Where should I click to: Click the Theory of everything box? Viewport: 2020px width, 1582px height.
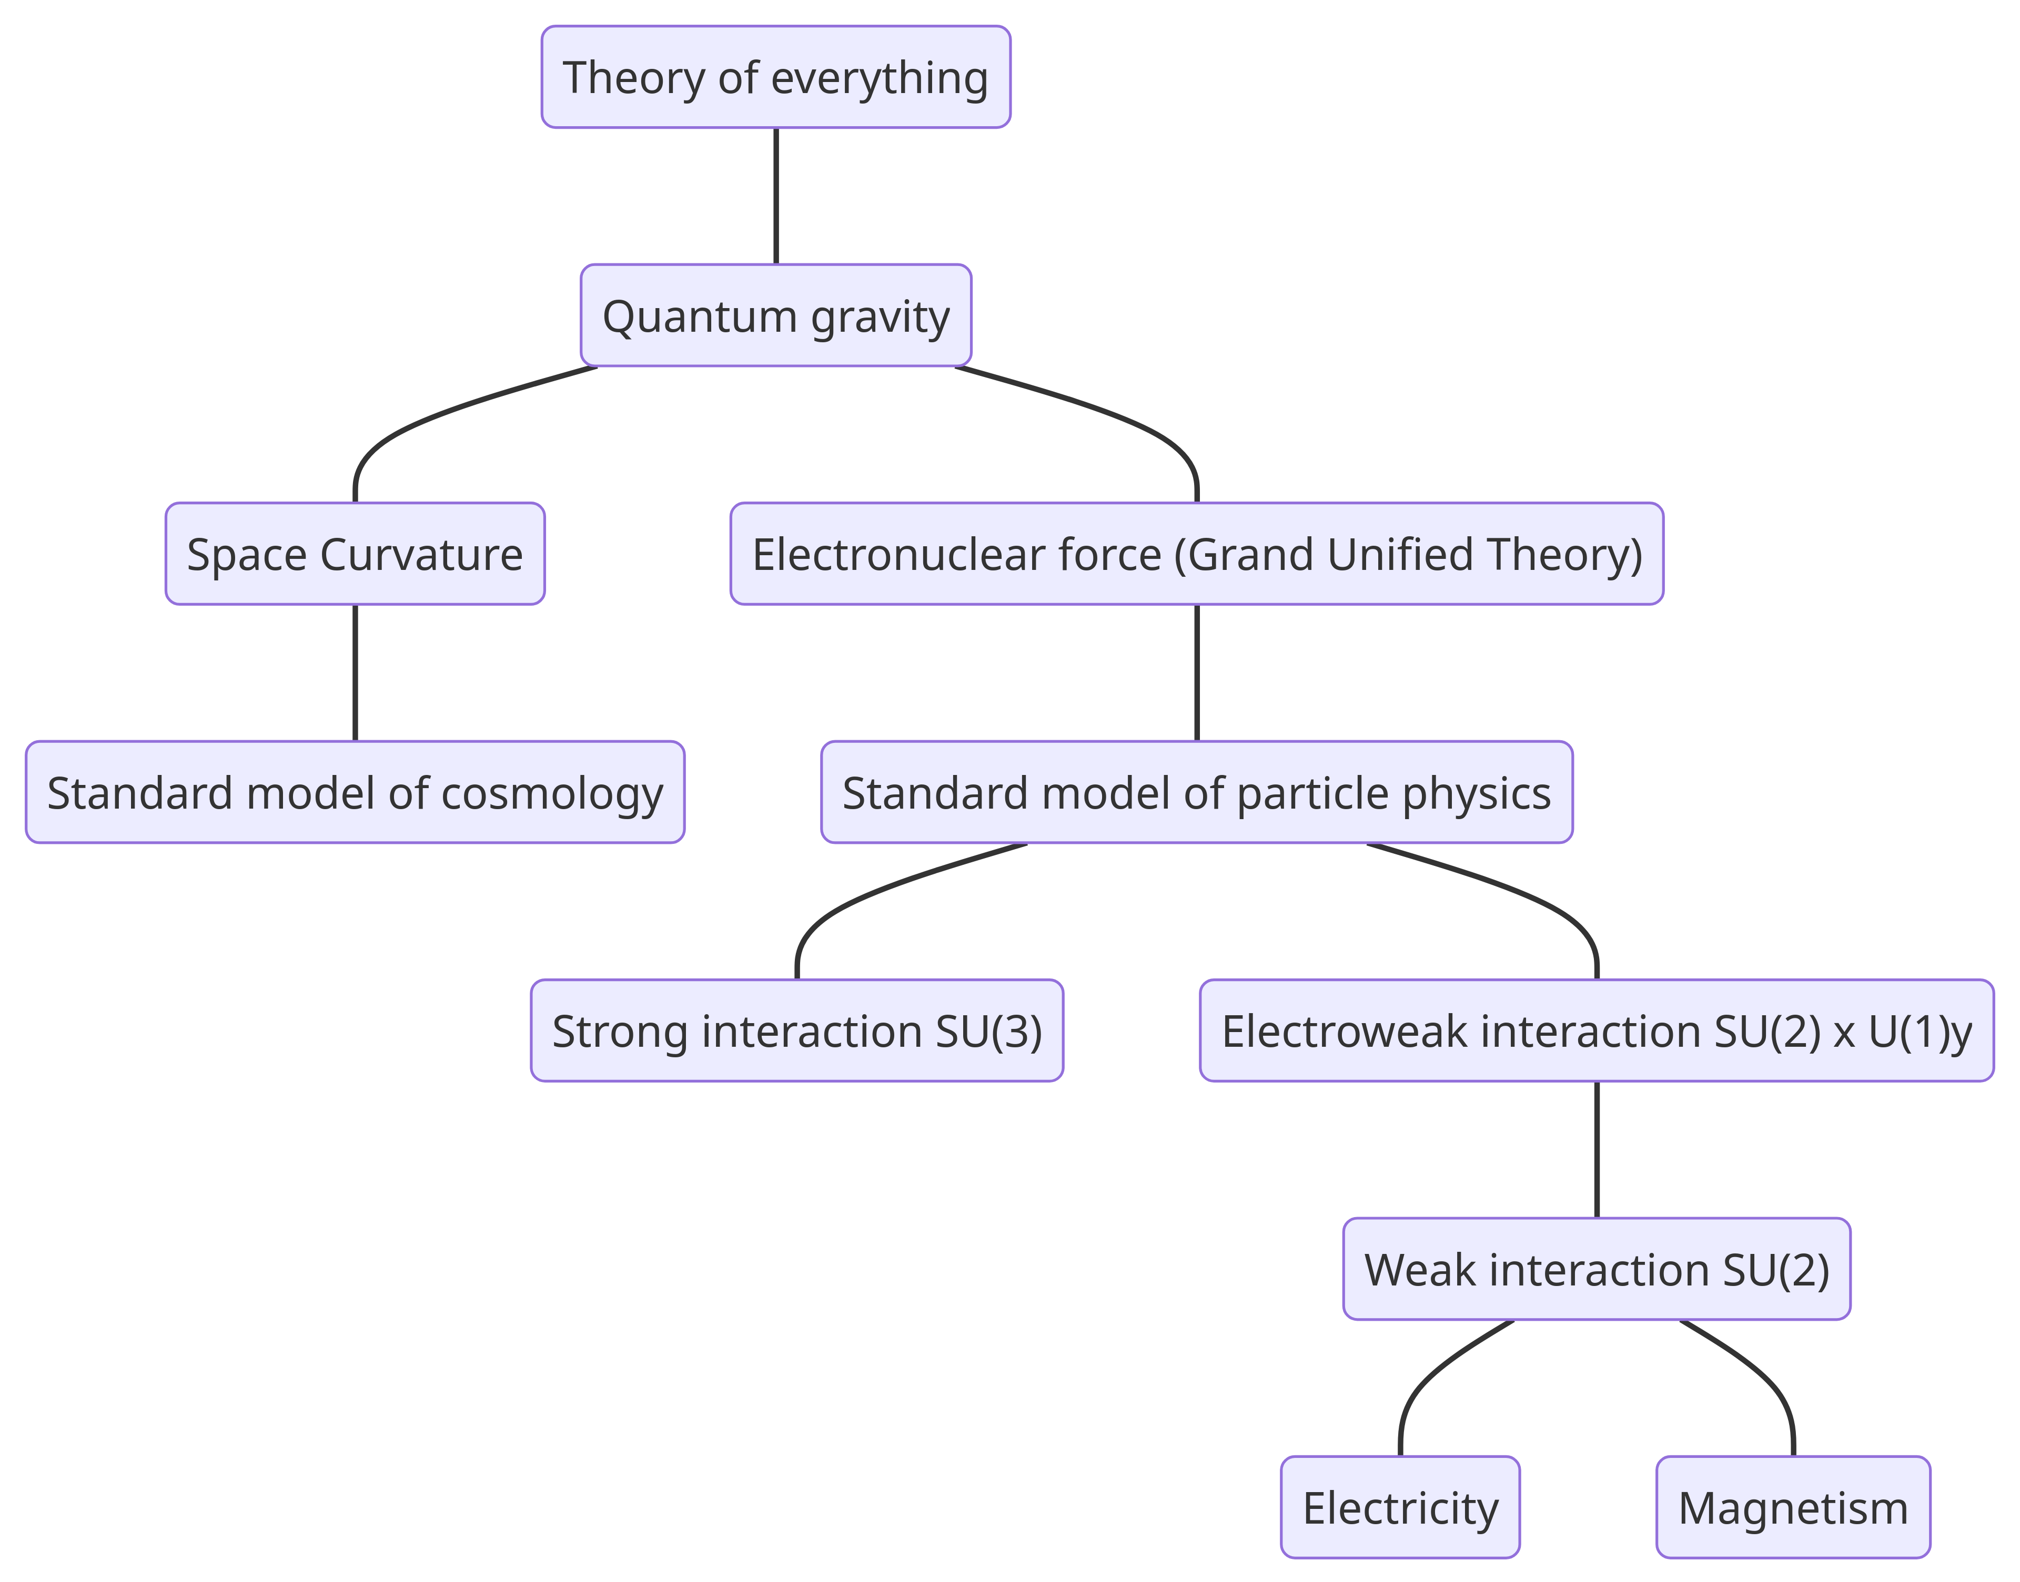pos(775,77)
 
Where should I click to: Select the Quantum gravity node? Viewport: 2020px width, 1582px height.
pos(775,316)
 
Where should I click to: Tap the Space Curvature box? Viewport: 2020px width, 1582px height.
pos(355,554)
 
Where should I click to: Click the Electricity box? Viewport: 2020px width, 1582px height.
pos(1400,1508)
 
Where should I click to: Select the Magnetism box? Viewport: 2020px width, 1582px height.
pos(1793,1508)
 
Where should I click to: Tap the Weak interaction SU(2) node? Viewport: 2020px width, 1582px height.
pos(1597,1270)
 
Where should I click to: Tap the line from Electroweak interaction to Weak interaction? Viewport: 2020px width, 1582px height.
pos(1597,1149)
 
